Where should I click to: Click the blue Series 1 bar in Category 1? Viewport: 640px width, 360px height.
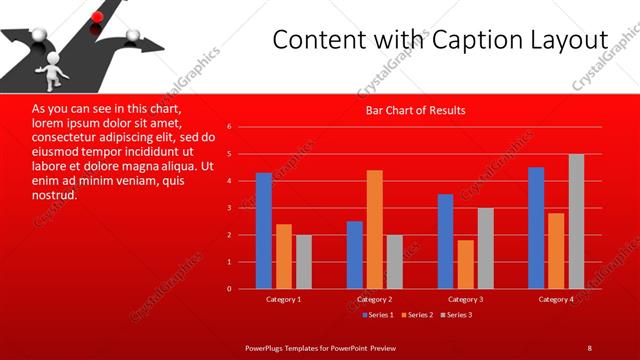pos(264,230)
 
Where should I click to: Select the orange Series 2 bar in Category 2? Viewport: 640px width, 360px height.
pos(375,229)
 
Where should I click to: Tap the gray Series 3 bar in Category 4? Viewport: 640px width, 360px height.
pos(576,221)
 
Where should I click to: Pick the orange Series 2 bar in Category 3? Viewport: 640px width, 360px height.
pos(465,264)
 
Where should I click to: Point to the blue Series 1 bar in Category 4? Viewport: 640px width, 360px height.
pos(536,227)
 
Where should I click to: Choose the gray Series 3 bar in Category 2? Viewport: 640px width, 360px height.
pos(394,261)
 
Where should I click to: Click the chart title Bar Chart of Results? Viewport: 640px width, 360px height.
pos(415,110)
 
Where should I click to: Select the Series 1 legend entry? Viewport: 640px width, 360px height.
pos(379,315)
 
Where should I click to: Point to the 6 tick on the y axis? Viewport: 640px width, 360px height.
pos(229,127)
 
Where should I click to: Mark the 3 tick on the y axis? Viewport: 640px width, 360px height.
pos(229,208)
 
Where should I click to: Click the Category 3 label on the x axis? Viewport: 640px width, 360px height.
pos(466,299)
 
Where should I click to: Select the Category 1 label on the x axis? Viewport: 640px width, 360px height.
pos(284,299)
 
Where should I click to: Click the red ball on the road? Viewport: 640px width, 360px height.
pos(98,16)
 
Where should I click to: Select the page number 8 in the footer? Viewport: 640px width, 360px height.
pos(589,347)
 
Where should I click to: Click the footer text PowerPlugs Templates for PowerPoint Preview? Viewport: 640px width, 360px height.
pos(321,347)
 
